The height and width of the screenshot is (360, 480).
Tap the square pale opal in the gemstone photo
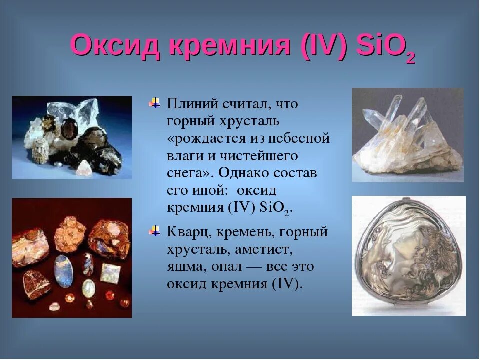click(x=111, y=272)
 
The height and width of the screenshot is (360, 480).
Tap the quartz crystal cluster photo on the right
click(x=407, y=135)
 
